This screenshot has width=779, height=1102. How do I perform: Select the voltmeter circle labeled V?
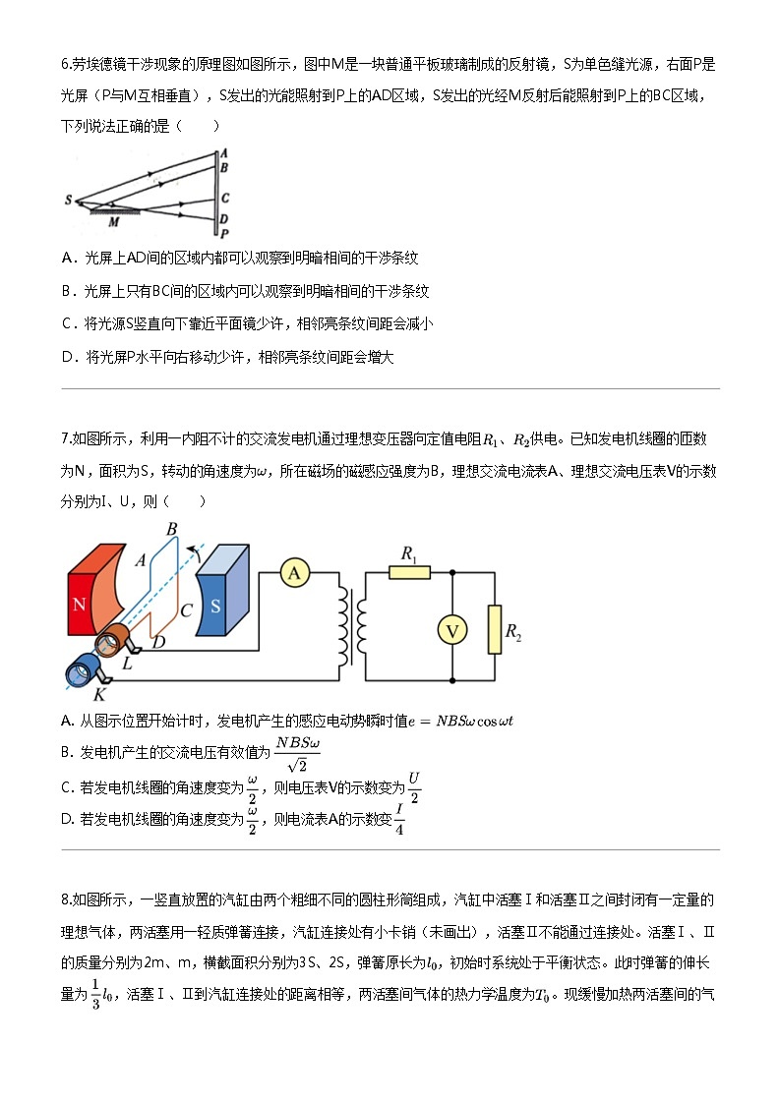451,630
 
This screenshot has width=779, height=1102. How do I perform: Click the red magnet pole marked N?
80,603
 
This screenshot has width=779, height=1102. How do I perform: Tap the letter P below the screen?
225,235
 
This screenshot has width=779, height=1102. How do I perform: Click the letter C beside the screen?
225,198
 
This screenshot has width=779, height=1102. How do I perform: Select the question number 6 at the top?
65,66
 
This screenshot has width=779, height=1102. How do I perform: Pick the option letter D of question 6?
68,358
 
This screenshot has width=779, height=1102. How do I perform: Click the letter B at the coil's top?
171,529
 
